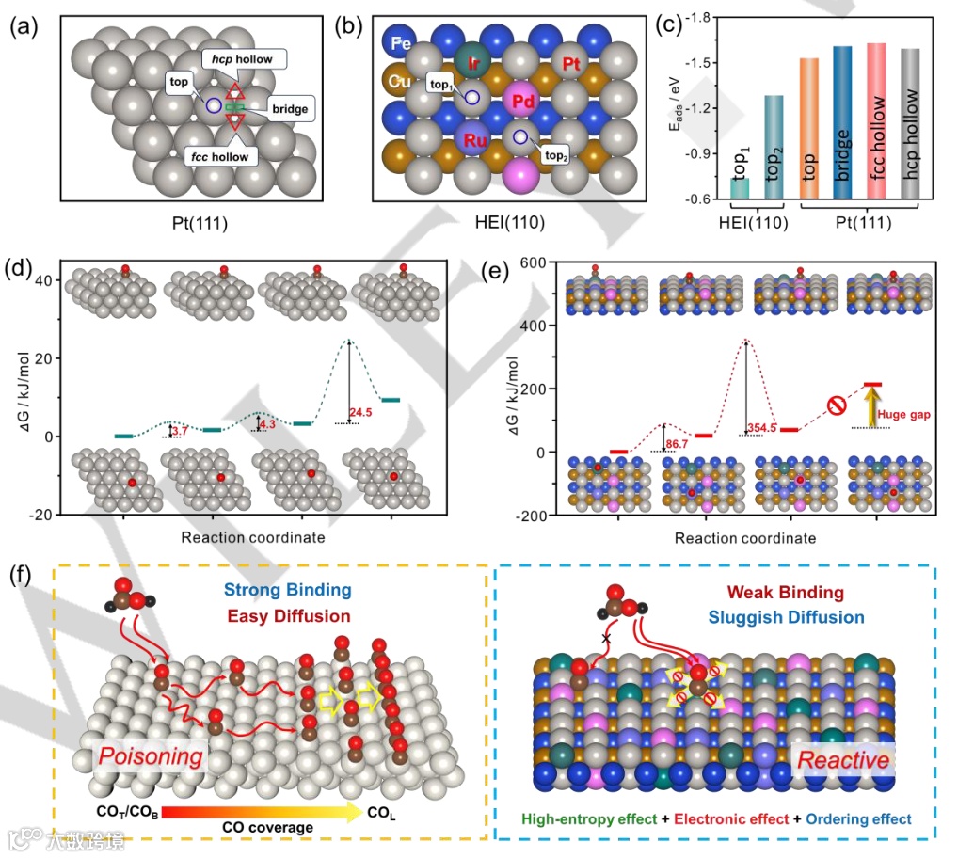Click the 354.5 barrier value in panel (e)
(x=767, y=428)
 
